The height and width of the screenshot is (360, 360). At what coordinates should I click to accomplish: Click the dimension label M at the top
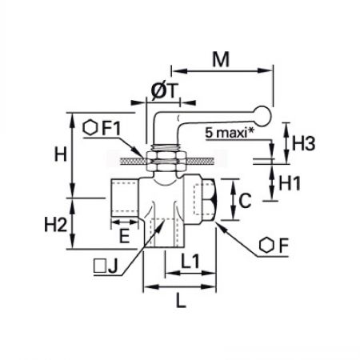221,59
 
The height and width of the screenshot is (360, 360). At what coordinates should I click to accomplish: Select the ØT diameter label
164,92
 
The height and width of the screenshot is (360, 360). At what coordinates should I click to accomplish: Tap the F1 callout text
111,128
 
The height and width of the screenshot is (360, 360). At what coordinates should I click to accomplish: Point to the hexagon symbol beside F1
90,128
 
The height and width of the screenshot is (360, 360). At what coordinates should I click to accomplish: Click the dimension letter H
61,154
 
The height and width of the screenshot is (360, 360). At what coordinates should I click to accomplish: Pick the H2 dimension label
56,224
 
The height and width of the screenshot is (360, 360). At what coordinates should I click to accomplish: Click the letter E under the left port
124,236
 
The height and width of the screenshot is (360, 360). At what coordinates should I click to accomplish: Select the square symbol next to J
100,266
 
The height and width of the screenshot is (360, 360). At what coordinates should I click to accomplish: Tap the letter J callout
113,267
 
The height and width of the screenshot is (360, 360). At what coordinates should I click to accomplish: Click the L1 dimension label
190,261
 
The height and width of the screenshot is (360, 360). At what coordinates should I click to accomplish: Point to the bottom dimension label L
181,301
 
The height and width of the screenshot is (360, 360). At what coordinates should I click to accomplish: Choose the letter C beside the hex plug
245,201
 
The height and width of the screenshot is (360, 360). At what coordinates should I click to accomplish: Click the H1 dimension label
290,183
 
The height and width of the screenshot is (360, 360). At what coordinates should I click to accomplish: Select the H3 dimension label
303,143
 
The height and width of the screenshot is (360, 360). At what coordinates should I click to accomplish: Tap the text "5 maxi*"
230,133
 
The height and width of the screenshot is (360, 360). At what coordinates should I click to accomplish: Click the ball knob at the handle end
262,116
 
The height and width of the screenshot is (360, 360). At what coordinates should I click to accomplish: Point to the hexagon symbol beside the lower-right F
266,245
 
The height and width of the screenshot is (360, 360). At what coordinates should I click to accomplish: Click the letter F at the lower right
284,246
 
